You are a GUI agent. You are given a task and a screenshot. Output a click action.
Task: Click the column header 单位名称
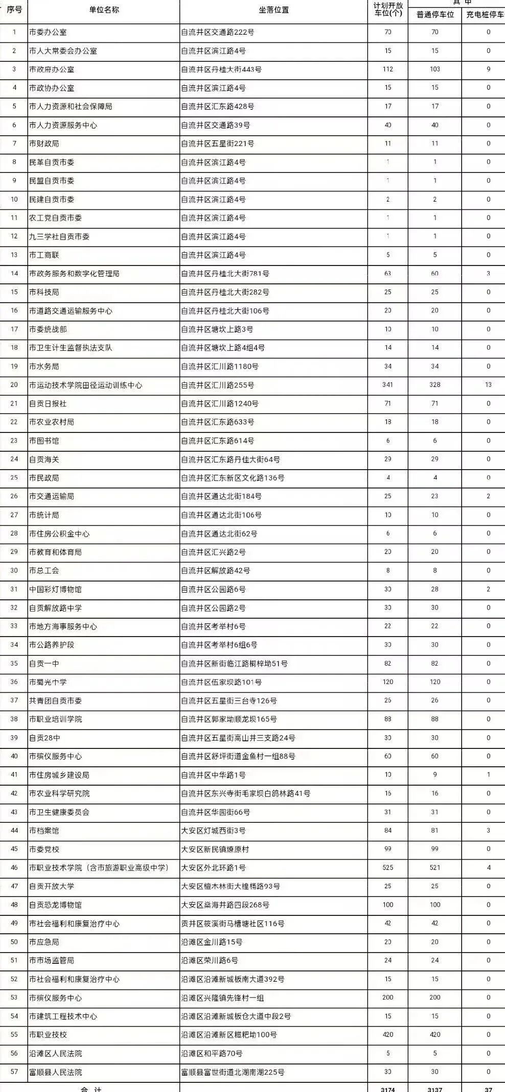coord(104,10)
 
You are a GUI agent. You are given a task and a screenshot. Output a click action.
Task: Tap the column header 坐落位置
coord(274,10)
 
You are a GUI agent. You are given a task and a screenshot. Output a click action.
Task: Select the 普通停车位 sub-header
coord(435,14)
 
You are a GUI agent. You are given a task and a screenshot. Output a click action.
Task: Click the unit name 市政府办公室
coord(52,69)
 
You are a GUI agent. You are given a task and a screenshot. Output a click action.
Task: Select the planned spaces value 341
coord(388,385)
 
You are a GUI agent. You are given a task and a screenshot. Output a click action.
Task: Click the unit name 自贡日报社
coord(48,403)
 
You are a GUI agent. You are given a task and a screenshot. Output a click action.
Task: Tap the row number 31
coord(14,589)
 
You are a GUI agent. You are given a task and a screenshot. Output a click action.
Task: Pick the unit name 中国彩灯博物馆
coord(55,589)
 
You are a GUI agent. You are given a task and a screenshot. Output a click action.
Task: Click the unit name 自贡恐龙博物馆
coord(55,905)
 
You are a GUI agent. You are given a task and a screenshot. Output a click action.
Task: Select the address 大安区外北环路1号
coord(214,867)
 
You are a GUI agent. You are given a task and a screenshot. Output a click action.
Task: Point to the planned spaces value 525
coord(388,867)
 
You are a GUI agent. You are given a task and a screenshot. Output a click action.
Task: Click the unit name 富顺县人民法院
coord(55,1072)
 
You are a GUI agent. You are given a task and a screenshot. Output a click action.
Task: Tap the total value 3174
coord(388,1088)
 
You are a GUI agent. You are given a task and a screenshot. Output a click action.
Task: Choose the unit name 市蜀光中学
coord(48,682)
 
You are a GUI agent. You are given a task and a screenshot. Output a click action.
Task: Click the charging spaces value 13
coord(488,385)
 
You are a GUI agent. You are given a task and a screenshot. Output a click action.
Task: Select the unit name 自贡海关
coord(44,459)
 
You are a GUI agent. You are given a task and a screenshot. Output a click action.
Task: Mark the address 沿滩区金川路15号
coord(212,942)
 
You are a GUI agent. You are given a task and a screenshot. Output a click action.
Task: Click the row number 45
coord(14,849)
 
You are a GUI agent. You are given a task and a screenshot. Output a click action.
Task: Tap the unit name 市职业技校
coord(48,1034)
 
